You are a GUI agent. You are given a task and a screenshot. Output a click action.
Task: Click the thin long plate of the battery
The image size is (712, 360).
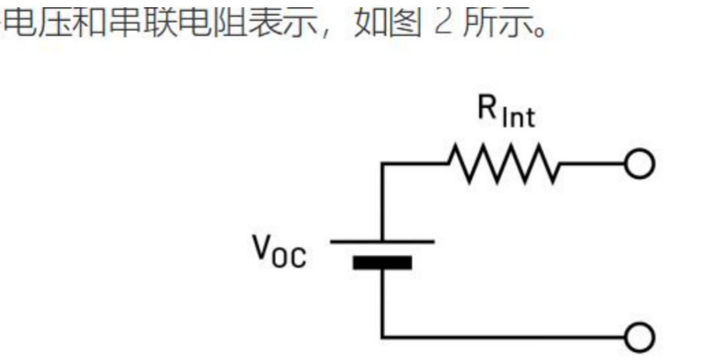pyautogui.click(x=382, y=242)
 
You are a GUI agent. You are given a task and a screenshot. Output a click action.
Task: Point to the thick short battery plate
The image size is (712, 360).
pyautogui.click(x=382, y=263)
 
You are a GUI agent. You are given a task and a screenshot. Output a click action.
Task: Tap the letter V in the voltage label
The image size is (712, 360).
pyautogui.click(x=264, y=247)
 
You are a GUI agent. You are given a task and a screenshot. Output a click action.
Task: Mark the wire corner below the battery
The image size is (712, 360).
pyautogui.click(x=382, y=337)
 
